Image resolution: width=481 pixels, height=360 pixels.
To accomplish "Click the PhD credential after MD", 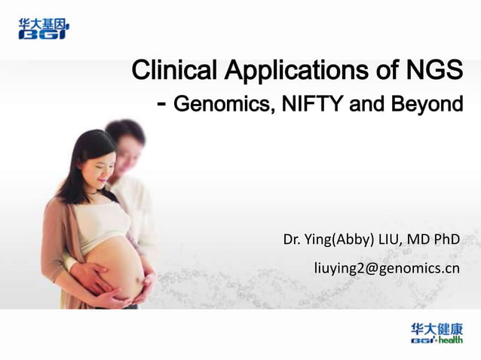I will [446, 240].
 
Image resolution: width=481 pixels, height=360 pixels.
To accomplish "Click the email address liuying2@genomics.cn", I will [386, 267].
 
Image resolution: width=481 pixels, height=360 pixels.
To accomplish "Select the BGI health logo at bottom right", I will [437, 334].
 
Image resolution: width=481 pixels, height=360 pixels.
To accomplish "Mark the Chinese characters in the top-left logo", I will [42, 23].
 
